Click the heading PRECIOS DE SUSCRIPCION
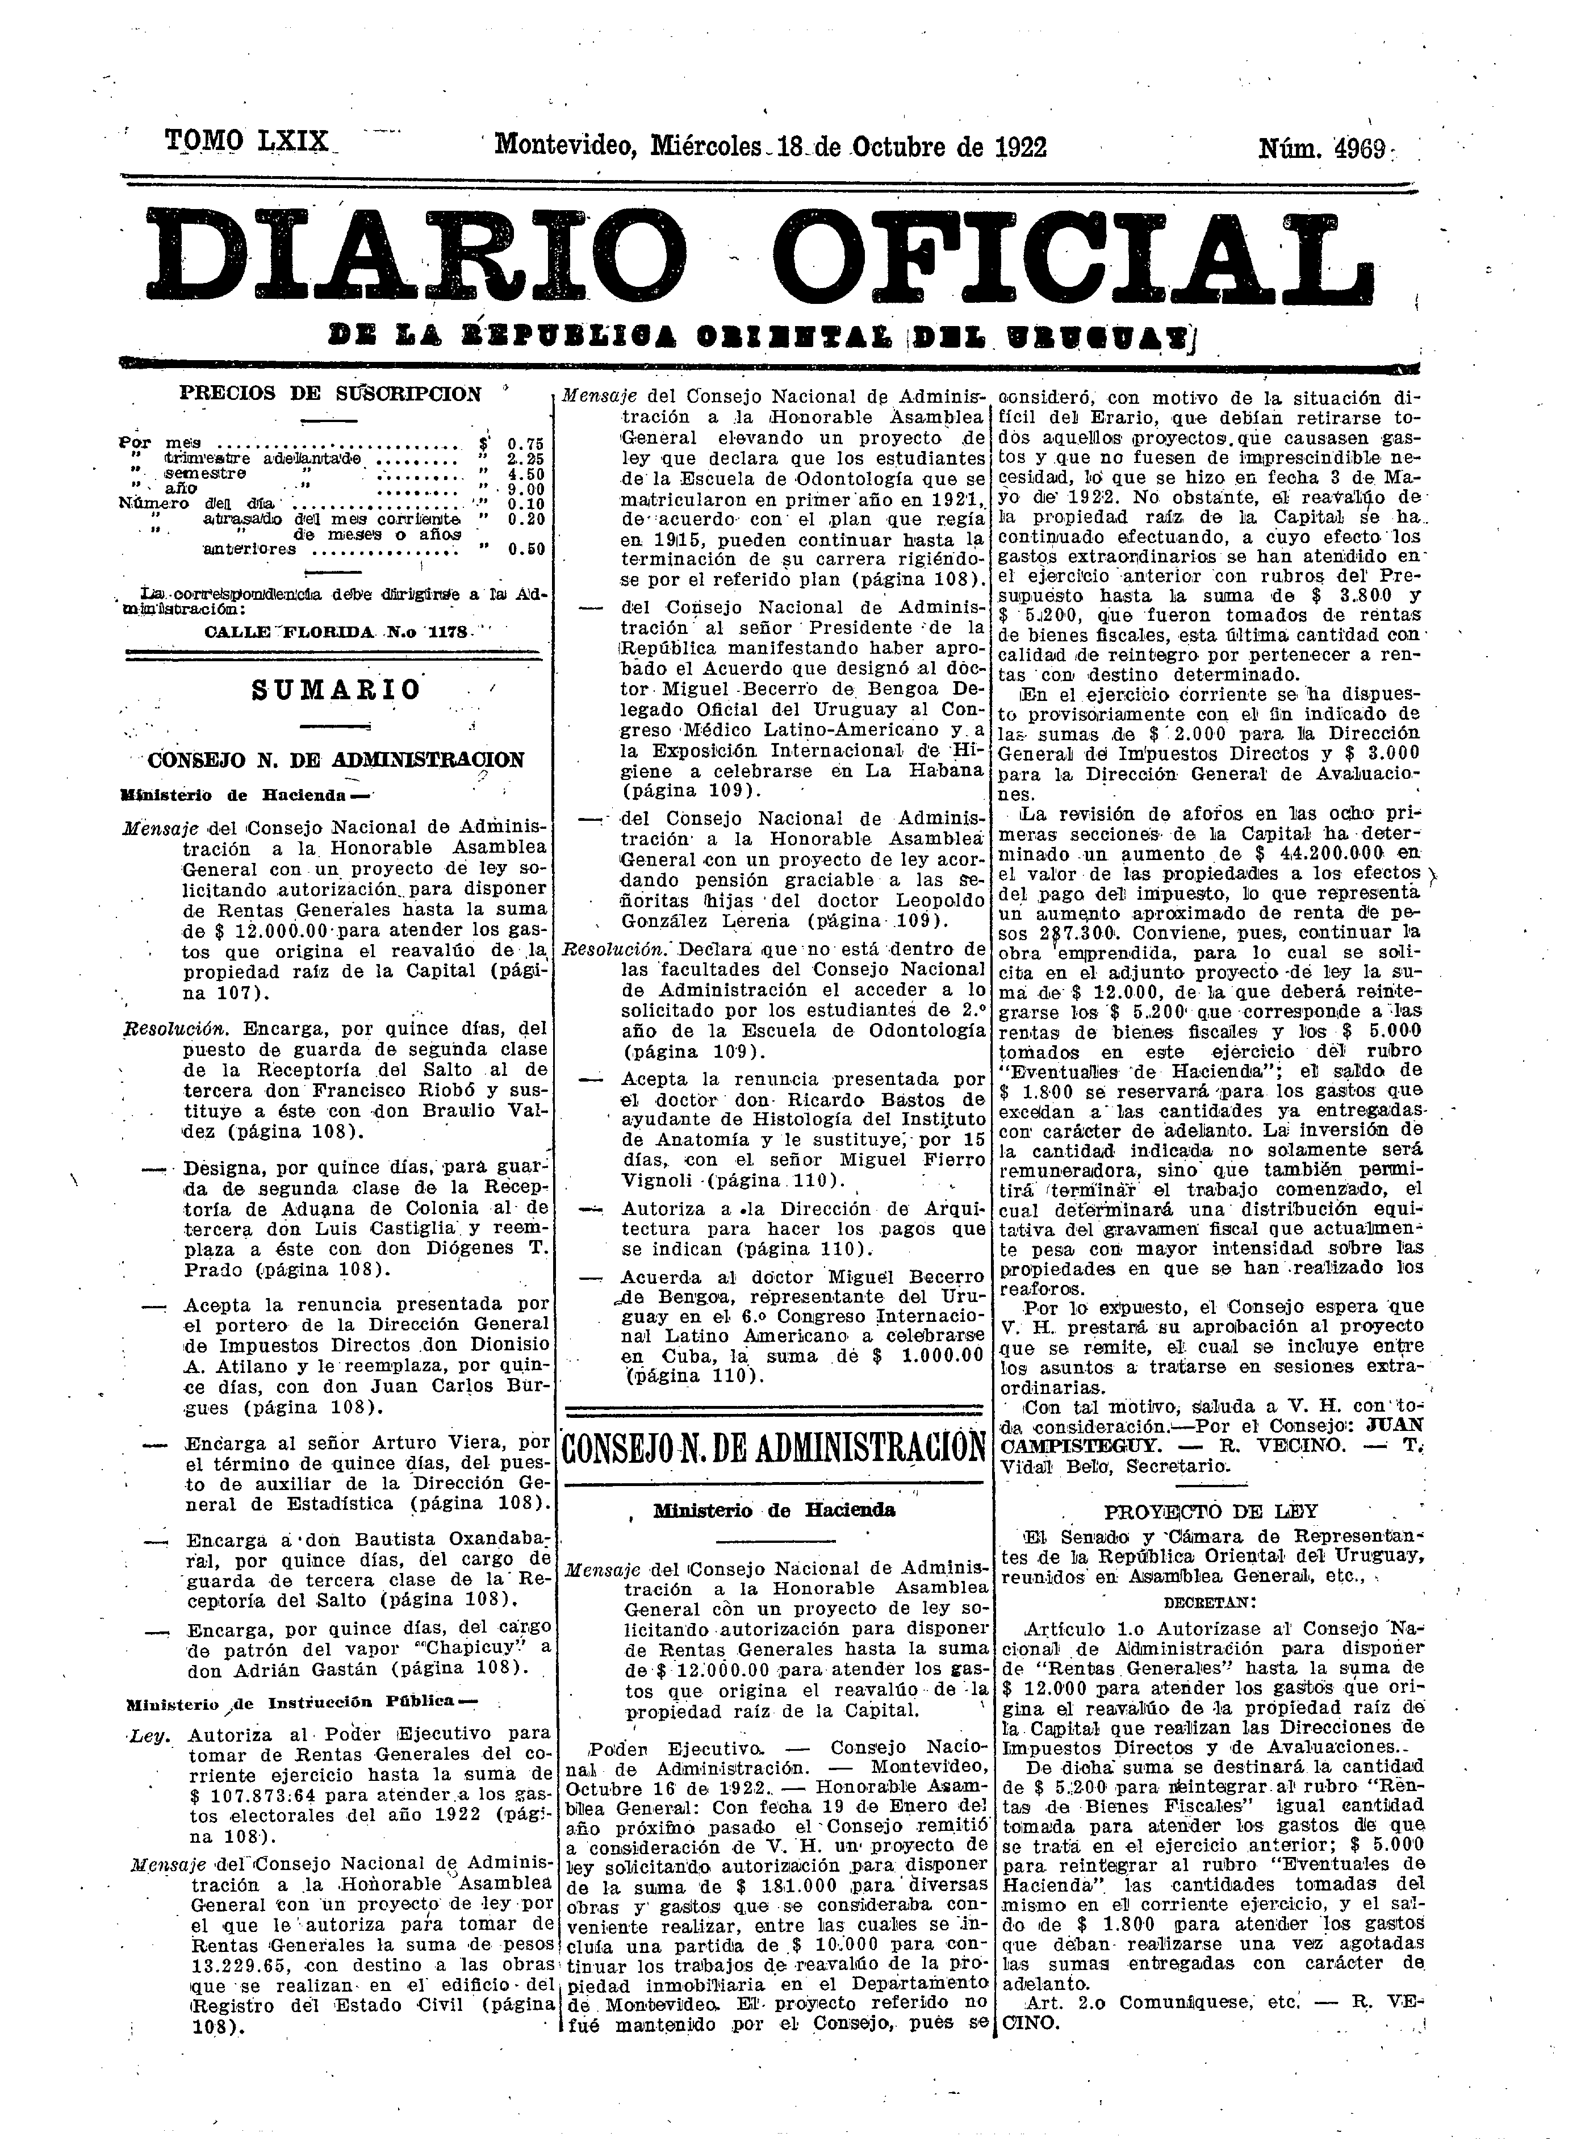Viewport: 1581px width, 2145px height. [x=330, y=394]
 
